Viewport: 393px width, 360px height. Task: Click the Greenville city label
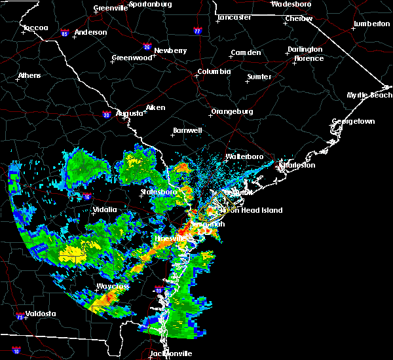coord(109,9)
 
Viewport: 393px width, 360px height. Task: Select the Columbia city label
coord(214,71)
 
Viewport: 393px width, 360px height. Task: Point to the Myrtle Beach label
coord(369,96)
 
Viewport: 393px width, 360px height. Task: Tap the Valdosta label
coord(40,314)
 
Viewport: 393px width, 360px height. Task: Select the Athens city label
coord(29,75)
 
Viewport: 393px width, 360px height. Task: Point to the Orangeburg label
coord(232,111)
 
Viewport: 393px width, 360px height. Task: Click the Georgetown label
coord(353,122)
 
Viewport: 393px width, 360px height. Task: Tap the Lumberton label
coord(371,24)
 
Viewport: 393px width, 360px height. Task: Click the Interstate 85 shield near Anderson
coord(65,33)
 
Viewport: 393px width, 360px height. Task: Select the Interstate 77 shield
coord(198,30)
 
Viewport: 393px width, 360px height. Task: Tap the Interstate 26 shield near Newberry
coord(147,46)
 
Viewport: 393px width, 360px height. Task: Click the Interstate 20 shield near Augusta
coord(107,115)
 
